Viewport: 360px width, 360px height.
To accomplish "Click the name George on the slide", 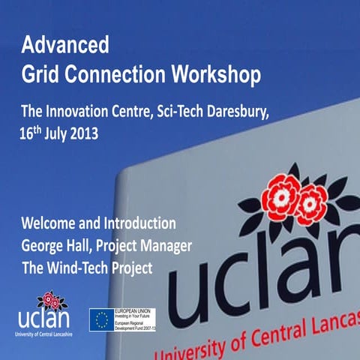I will click(x=45, y=246).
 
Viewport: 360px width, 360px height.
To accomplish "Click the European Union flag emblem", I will click(x=102, y=319).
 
